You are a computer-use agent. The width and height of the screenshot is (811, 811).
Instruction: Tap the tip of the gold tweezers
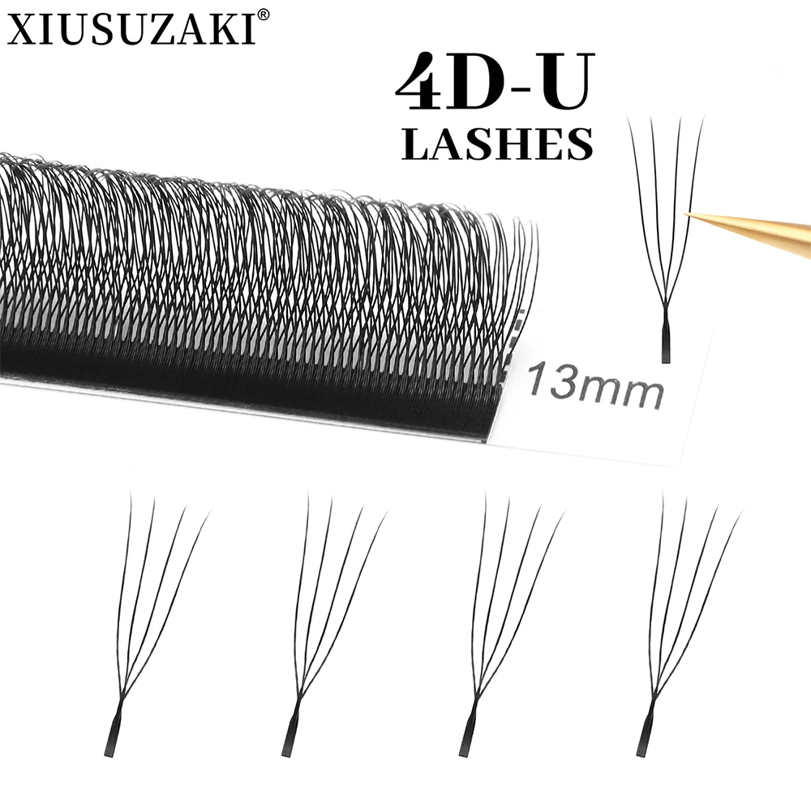[x=689, y=213]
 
